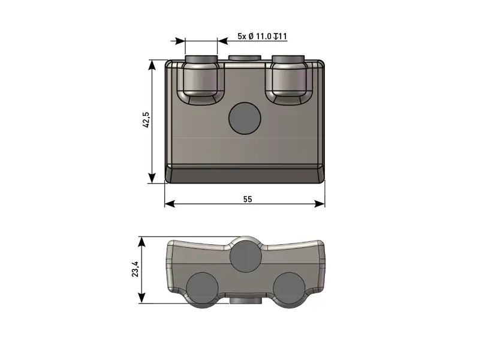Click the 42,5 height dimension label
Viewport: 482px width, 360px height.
click(x=147, y=120)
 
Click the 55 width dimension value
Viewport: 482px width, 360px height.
click(x=248, y=199)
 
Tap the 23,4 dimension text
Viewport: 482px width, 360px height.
click(x=135, y=269)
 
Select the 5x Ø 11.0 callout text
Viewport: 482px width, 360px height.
click(x=254, y=37)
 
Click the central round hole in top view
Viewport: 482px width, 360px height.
click(x=245, y=118)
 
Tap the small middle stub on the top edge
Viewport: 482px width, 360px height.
click(x=245, y=58)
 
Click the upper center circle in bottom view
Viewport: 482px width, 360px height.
click(x=246, y=256)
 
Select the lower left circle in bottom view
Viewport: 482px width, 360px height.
click(x=203, y=288)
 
